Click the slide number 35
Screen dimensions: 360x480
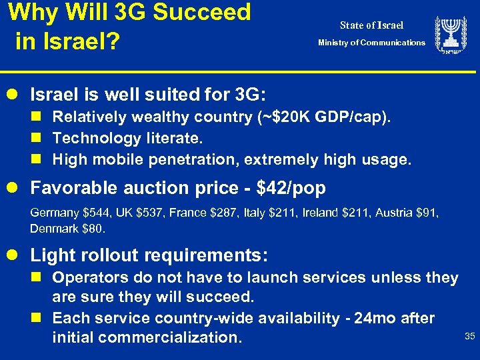pyautogui.click(x=469, y=336)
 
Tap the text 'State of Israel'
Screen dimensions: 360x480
pyautogui.click(x=371, y=25)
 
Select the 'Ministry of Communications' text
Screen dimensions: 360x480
pyautogui.click(x=371, y=43)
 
